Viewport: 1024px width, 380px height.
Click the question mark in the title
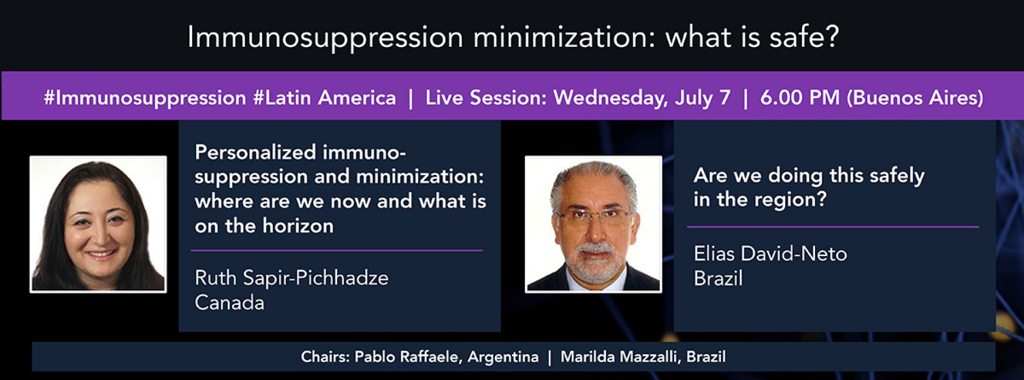coord(831,37)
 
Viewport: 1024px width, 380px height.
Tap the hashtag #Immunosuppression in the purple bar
coord(145,98)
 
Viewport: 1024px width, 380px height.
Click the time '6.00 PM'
coord(799,98)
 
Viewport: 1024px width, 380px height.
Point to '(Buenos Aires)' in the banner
coord(915,98)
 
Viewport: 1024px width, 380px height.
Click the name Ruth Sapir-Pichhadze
coord(292,278)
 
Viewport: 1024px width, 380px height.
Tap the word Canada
coord(229,303)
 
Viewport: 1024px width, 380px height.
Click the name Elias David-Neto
coord(770,254)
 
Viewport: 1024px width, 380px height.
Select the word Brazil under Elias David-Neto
coord(718,278)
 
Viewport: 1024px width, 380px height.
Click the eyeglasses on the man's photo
coord(594,216)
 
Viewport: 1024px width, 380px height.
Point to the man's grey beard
coord(594,260)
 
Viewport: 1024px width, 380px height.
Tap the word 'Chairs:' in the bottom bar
coord(325,357)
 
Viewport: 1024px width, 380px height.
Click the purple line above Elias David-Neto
coord(833,227)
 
